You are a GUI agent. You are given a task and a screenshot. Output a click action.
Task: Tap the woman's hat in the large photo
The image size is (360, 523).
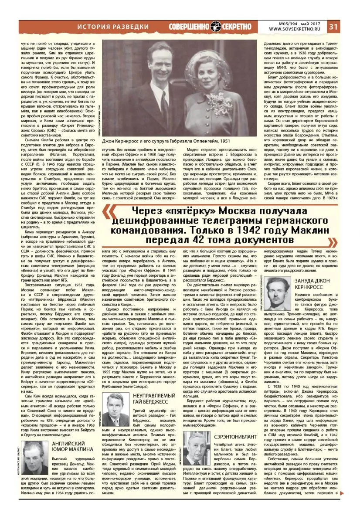tap(217, 54)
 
